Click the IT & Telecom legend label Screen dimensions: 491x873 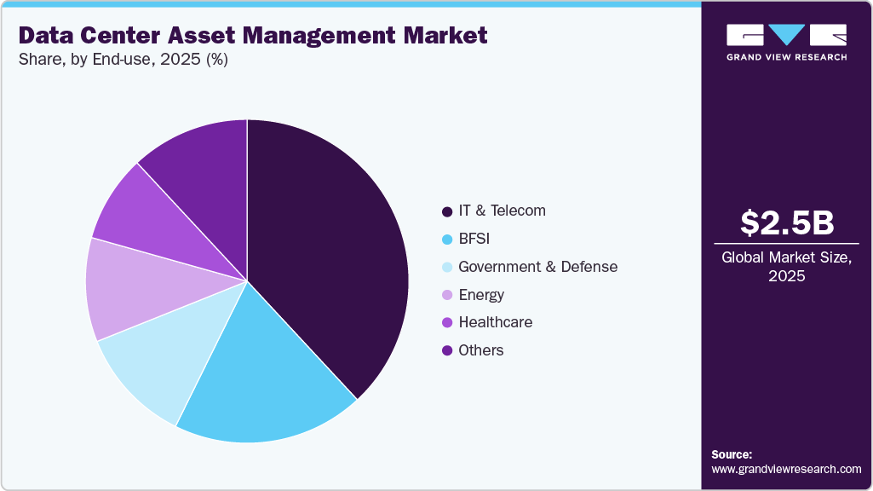[x=502, y=211]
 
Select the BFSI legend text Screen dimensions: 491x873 [x=474, y=239]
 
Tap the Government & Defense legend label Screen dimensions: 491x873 [x=537, y=267]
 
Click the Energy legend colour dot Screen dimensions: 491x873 [x=447, y=295]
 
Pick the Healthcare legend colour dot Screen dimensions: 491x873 [x=447, y=323]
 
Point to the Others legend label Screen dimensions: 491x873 [x=480, y=350]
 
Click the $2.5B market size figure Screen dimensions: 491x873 [x=786, y=222]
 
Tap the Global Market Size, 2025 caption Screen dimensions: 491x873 [x=786, y=267]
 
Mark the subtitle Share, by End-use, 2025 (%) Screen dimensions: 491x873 [x=123, y=60]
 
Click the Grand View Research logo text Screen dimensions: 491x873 [x=786, y=57]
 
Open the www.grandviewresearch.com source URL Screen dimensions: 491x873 [x=786, y=469]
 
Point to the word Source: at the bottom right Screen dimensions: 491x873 [x=732, y=454]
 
